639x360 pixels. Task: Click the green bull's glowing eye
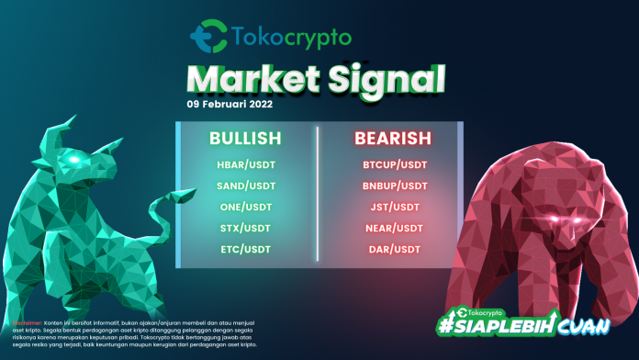[x=70, y=159]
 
